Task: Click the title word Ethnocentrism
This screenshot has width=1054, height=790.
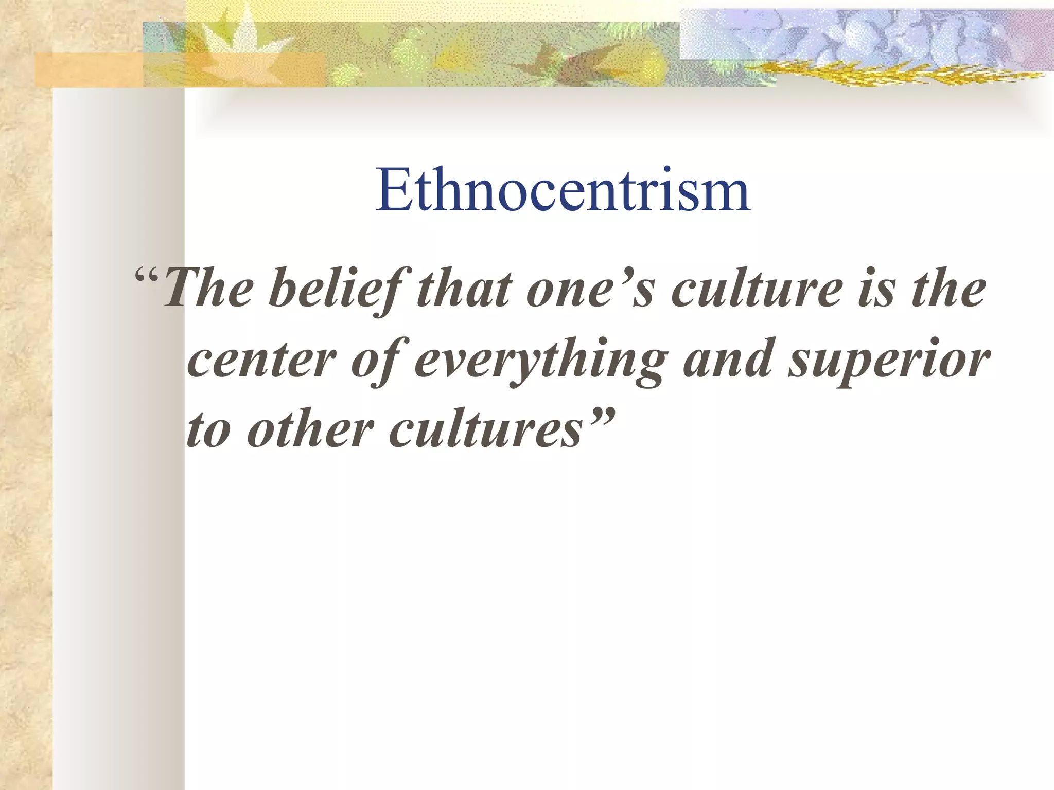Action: pos(563,190)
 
